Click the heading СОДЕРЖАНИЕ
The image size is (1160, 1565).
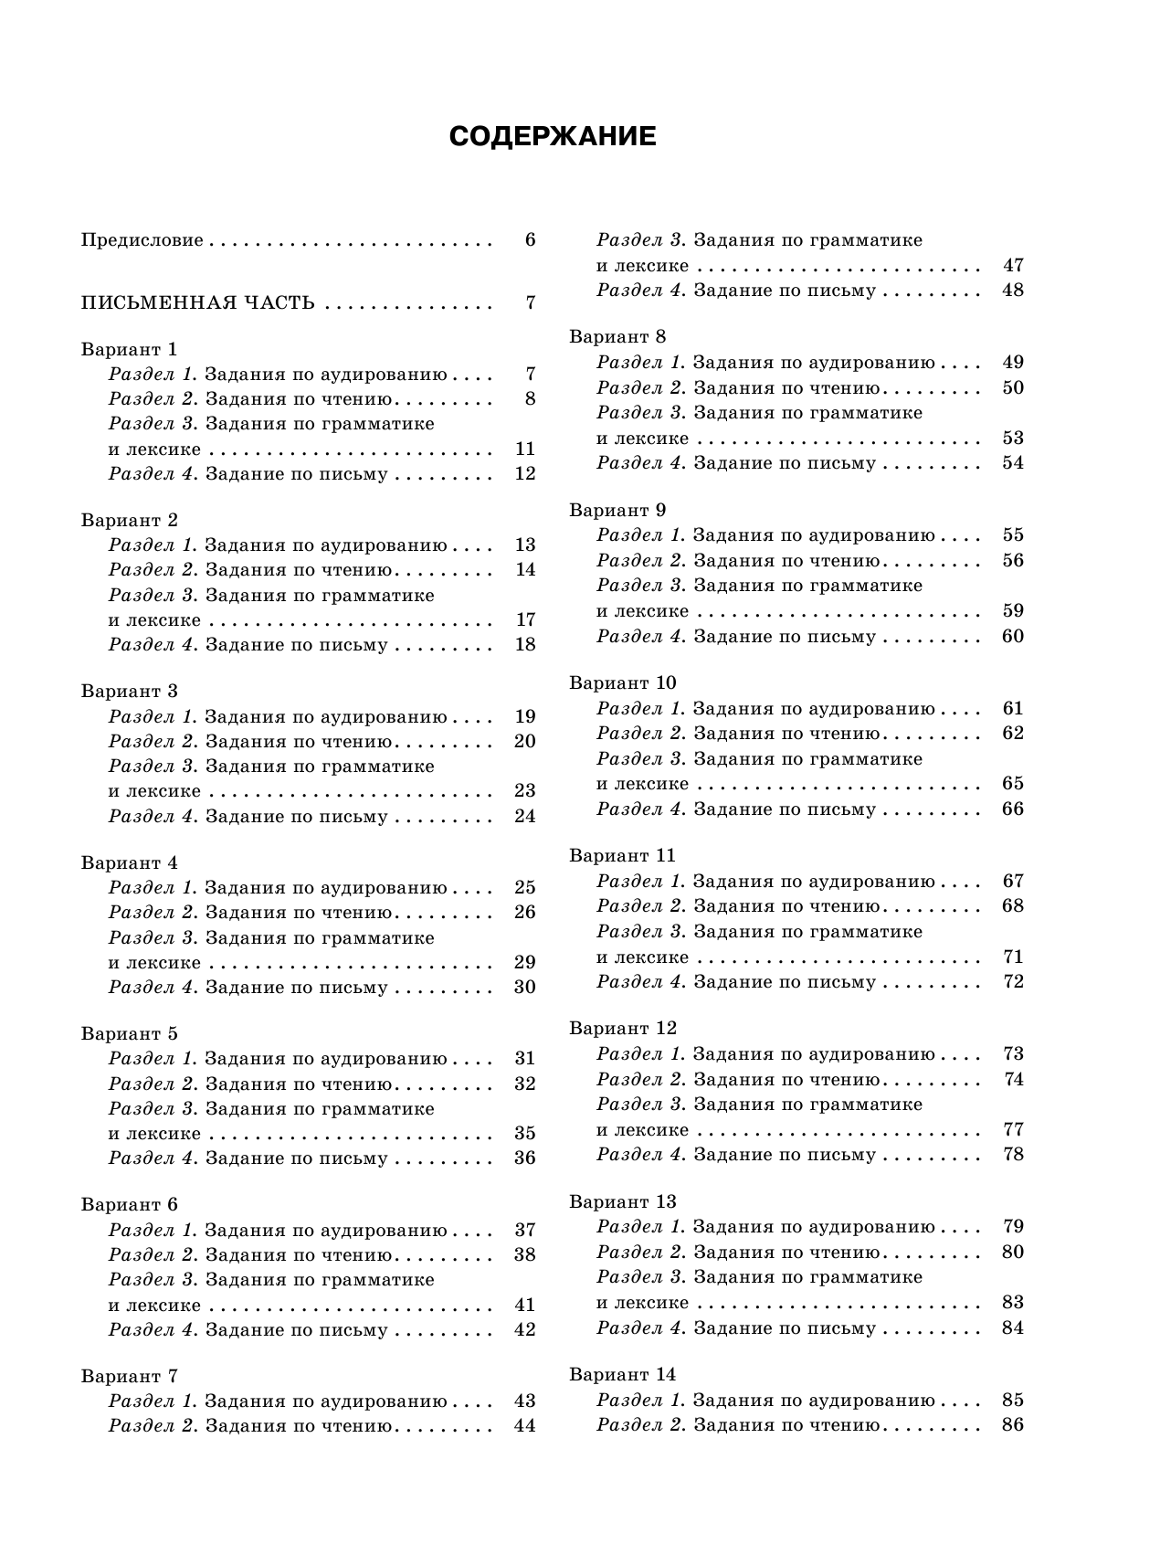(553, 137)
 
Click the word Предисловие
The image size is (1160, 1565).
(142, 240)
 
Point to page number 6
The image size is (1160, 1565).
(530, 240)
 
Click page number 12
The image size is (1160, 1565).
(525, 474)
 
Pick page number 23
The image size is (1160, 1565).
(525, 791)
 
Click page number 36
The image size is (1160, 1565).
(525, 1158)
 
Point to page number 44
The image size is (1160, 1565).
(525, 1426)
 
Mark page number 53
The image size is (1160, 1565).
(1013, 439)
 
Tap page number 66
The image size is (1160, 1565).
(1013, 809)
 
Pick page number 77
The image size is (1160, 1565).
(1013, 1130)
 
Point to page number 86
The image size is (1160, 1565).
(1013, 1425)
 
